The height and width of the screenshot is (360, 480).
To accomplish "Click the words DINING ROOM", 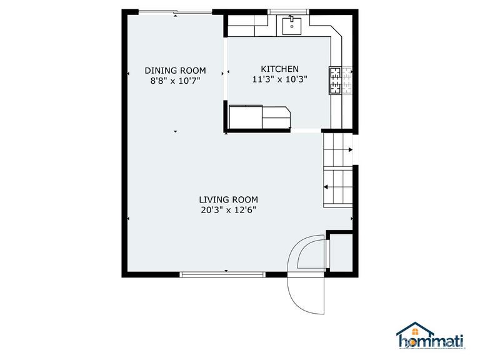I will [x=175, y=71].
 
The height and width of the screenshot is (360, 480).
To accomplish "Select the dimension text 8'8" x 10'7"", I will [x=175, y=80].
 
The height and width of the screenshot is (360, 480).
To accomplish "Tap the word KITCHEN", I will [x=279, y=69].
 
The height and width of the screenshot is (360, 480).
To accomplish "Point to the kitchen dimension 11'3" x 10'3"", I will [x=279, y=79].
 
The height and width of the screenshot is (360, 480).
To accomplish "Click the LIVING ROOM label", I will [x=228, y=199].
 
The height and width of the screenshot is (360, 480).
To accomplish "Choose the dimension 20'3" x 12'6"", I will [x=228, y=209].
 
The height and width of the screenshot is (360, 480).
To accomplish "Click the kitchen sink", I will [x=292, y=26].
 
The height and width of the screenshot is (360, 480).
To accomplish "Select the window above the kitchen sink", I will [x=292, y=11].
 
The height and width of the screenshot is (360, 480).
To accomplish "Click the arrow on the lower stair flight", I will [x=327, y=186].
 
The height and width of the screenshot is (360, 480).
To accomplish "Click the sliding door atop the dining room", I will [x=174, y=11].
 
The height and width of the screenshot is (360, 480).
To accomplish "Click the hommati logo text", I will [x=431, y=341].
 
